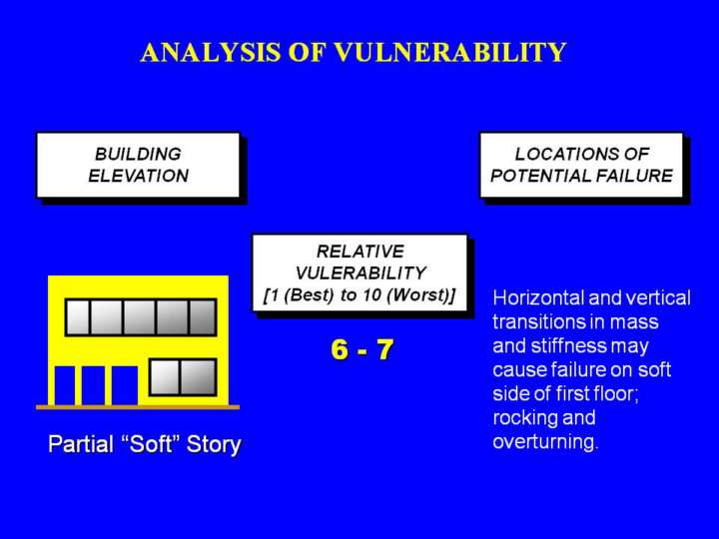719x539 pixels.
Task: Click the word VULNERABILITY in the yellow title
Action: coord(450,52)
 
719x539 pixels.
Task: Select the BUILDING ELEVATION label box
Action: coord(138,165)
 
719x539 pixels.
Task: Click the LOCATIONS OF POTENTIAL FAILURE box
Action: coord(581,165)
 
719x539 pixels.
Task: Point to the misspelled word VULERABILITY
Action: coord(360,273)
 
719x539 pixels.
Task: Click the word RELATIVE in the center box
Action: coord(360,252)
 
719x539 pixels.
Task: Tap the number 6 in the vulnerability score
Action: coord(340,349)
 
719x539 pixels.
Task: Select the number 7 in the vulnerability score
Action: coord(384,349)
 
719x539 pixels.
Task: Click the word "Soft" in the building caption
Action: coord(153,443)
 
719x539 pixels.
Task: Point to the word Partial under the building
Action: coord(81,444)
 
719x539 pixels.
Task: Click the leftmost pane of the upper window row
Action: coord(78,317)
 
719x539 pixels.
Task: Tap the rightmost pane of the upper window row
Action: coord(202,317)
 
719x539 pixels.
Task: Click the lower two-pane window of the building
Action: coord(183,377)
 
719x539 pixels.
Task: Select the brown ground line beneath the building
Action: coord(138,407)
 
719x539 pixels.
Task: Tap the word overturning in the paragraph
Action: coord(545,442)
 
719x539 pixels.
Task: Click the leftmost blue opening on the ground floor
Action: coord(65,385)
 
